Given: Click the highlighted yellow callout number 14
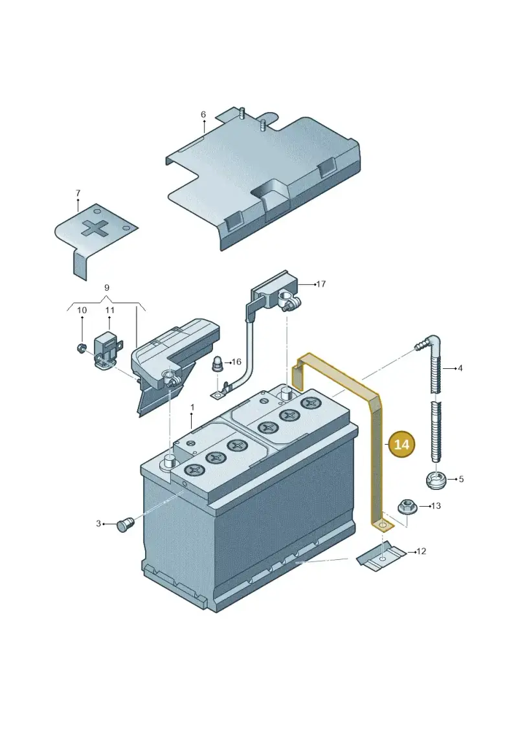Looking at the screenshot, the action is [x=401, y=444].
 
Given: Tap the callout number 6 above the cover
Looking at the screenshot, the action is [x=203, y=115].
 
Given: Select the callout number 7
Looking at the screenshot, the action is [x=78, y=193].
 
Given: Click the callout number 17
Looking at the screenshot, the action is [x=321, y=284].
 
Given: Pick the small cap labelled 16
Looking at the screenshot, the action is [x=217, y=364].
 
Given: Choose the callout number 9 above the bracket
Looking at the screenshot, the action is [x=106, y=287].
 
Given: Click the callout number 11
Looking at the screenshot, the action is [x=110, y=310].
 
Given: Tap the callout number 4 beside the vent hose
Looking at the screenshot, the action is [x=460, y=368].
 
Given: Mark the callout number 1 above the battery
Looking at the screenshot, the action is [x=192, y=408].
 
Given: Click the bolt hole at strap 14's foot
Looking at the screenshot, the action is [x=383, y=526].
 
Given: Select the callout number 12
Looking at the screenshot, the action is [x=422, y=551].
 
